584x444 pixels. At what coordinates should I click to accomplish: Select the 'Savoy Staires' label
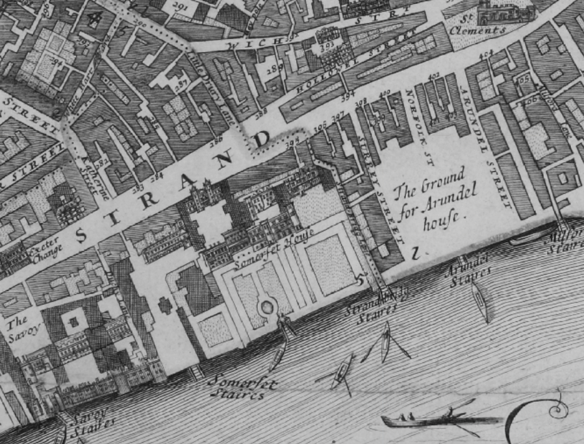(x=87, y=423)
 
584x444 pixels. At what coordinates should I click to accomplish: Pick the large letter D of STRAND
(x=264, y=139)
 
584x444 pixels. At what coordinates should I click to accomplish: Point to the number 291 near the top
(x=181, y=5)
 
